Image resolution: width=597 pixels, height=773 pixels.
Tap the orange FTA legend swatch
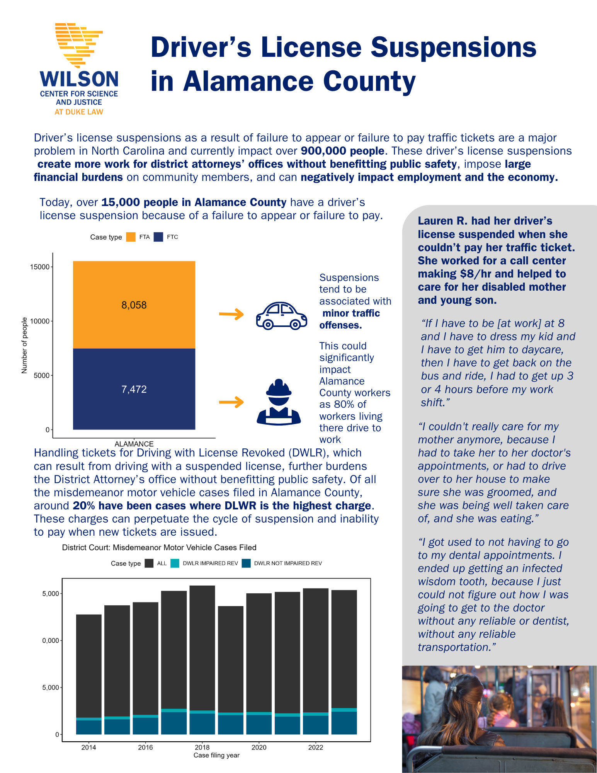pos(131,237)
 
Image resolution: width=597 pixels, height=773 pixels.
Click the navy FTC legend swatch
pos(158,237)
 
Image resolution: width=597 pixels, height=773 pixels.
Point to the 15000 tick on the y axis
pos(40,267)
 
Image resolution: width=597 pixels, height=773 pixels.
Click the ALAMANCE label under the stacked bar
pos(134,444)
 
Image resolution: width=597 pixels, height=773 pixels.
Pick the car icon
pos(281,315)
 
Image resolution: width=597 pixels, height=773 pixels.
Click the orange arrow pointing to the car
pos(231,314)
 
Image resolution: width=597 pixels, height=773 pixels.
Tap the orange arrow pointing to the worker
pos(231,402)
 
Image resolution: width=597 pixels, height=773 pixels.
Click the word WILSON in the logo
pos(79,79)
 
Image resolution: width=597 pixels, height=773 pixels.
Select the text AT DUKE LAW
pos(79,112)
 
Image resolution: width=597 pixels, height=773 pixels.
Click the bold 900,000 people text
pos(342,151)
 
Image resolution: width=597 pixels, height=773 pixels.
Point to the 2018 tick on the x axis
pos(202,747)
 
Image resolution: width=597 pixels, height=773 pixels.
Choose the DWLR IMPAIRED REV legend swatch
pos(175,563)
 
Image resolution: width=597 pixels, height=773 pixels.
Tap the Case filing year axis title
pos(216,755)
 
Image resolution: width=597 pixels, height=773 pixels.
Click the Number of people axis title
pos(24,345)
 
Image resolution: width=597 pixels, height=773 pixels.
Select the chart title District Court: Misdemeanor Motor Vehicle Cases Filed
pos(159,547)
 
